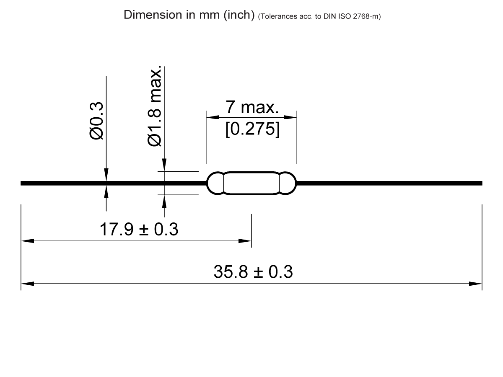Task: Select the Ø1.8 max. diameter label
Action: (x=155, y=106)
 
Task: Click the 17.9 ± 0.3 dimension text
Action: (x=139, y=230)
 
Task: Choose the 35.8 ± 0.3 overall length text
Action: (x=253, y=272)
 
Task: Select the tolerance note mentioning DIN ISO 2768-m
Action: (x=319, y=17)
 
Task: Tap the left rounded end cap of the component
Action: (x=215, y=183)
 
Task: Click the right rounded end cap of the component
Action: (x=288, y=183)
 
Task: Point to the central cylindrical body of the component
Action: (x=251, y=183)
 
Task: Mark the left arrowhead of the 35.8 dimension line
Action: (x=27, y=284)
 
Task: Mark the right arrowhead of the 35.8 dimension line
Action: (x=476, y=284)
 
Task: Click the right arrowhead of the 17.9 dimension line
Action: (x=245, y=241)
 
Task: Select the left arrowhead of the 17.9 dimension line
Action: (x=27, y=241)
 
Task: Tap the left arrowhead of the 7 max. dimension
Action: (x=212, y=116)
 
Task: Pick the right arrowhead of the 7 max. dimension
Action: (x=291, y=116)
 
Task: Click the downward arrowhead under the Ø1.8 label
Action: (x=164, y=165)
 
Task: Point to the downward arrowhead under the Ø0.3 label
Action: (x=106, y=175)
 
